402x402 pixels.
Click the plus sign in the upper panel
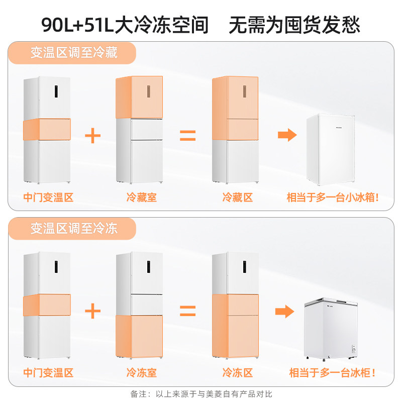tap(92, 136)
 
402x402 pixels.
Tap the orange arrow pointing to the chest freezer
tap(284, 311)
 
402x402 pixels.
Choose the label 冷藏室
tap(141, 197)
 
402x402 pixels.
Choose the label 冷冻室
tap(141, 373)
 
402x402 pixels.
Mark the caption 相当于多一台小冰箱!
tap(332, 197)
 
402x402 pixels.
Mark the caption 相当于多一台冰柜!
tap(332, 373)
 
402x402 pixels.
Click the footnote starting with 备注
tap(201, 394)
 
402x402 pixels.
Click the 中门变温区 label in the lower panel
tap(48, 373)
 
